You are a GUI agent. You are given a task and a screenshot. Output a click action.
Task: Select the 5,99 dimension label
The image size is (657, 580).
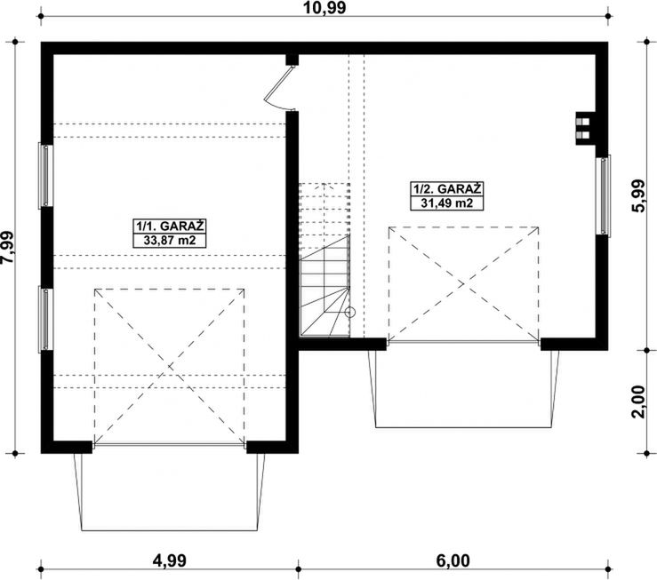coord(637,195)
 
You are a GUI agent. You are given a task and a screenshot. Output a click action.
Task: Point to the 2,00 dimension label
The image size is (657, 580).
coord(637,401)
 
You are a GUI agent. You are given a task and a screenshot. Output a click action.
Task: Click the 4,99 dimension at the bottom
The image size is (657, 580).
coord(169,560)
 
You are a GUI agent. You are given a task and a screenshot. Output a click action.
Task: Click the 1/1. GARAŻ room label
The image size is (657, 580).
coord(170,226)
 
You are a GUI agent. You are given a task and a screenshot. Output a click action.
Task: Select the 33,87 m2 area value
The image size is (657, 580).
coord(170,241)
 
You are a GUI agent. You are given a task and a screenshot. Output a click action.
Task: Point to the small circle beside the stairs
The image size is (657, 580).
coord(350,312)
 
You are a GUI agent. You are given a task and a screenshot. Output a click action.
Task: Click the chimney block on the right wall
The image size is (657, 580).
coord(586,129)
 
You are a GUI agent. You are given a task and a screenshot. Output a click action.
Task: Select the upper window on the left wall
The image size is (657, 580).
coord(45,175)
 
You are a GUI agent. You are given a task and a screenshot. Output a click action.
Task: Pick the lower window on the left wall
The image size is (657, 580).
coord(45,319)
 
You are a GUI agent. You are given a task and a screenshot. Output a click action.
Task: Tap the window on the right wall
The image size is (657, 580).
coord(604,195)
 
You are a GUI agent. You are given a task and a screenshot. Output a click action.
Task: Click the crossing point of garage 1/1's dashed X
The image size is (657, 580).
coord(170,367)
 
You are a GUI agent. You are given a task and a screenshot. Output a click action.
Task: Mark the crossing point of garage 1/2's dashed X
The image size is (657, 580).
coord(463,284)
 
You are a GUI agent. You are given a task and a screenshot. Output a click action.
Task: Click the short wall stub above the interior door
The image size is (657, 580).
coord(292,60)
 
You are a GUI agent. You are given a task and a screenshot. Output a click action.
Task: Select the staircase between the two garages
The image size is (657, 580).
coord(324,259)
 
